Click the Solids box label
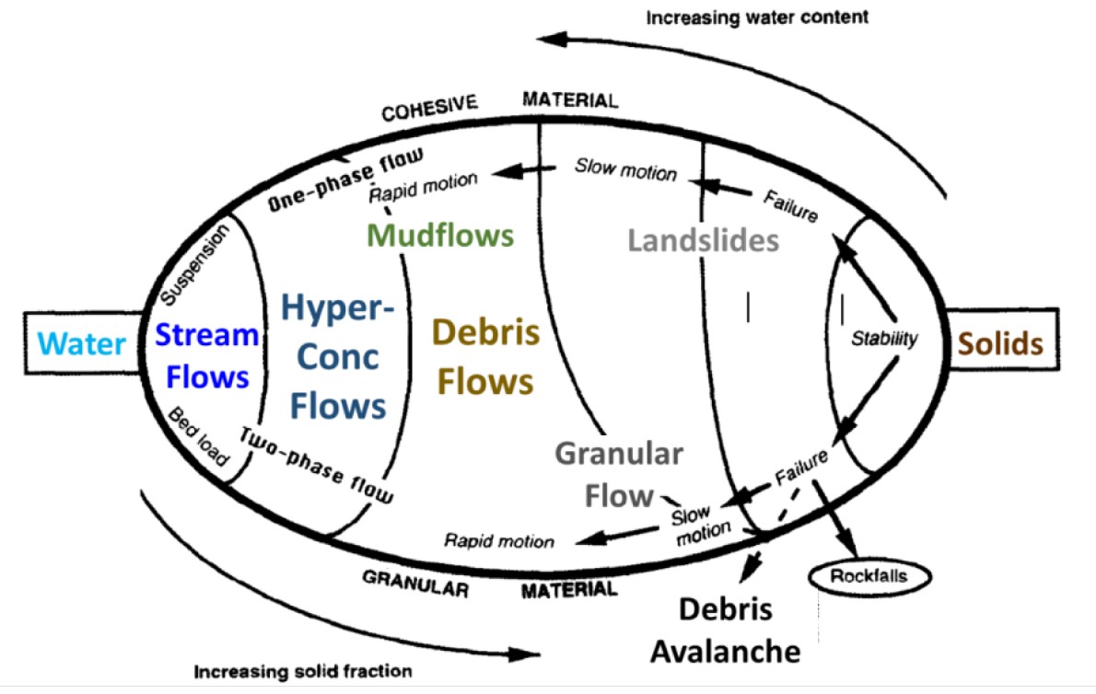[1000, 344]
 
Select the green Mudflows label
[440, 235]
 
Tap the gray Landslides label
[704, 240]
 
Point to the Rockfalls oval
[869, 577]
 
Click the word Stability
[884, 339]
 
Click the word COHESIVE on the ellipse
[430, 109]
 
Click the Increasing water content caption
[756, 17]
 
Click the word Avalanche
[725, 652]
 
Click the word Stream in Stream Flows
[206, 336]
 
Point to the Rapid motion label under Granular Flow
[499, 541]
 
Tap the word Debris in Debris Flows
[484, 333]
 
